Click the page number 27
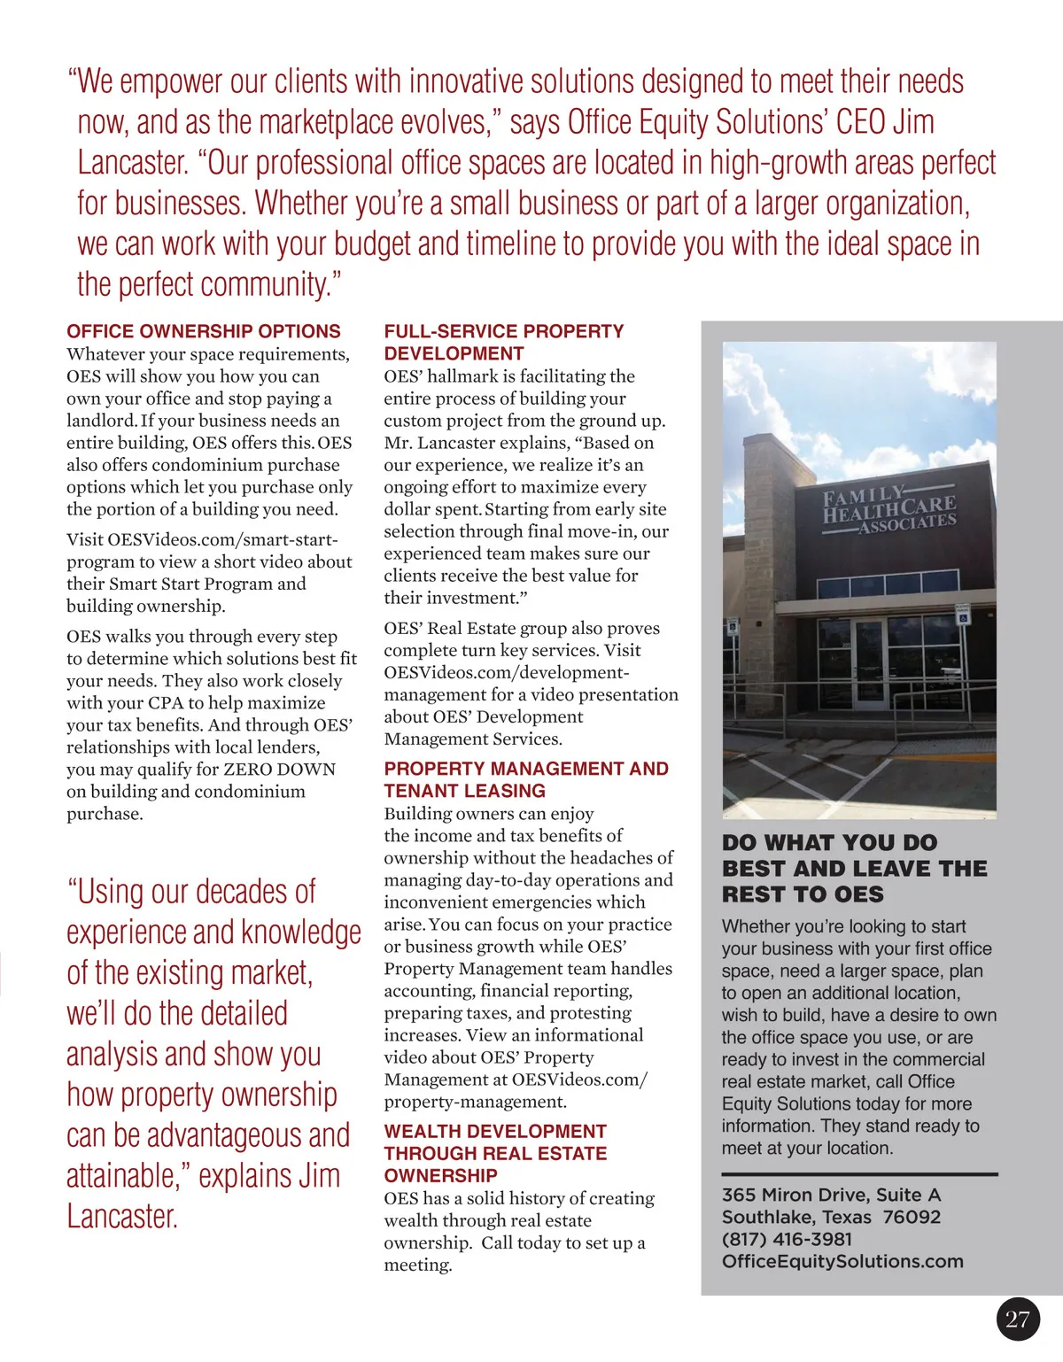[1018, 1319]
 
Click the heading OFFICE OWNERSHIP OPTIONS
[204, 331]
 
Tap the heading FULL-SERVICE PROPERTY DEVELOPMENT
[503, 342]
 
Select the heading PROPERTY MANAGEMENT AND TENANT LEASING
[526, 779]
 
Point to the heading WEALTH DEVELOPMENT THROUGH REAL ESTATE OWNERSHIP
[495, 1153]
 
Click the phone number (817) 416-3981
[787, 1239]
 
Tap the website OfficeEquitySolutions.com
[842, 1261]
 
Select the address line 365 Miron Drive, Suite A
[831, 1195]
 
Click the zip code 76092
[912, 1217]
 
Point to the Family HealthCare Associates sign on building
[888, 509]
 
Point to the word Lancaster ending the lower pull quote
[122, 1216]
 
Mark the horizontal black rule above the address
[859, 1174]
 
